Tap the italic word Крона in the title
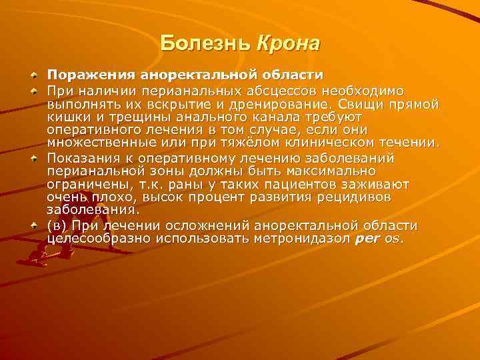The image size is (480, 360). [x=288, y=43]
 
